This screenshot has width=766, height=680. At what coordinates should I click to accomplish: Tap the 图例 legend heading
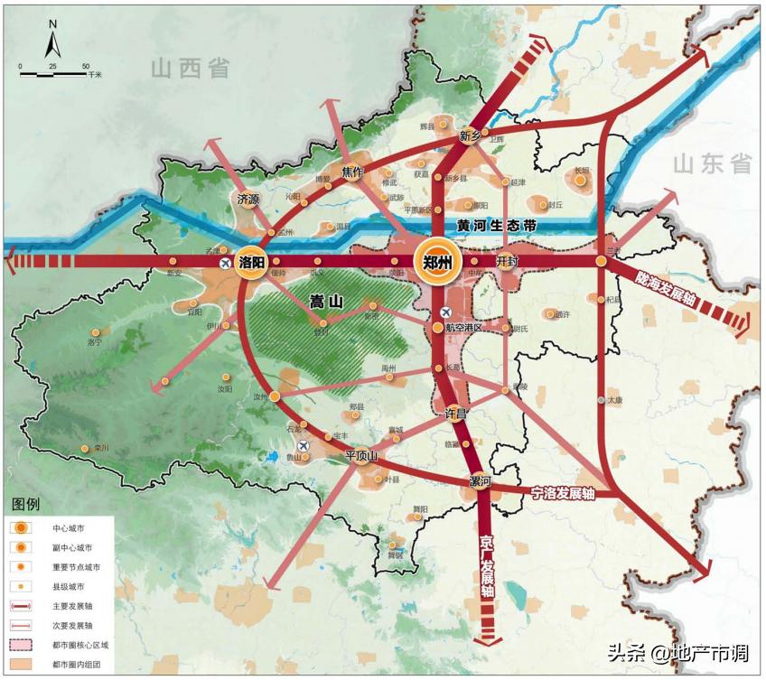[x=25, y=503]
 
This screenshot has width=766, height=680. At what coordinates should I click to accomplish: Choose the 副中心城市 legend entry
[x=71, y=547]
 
